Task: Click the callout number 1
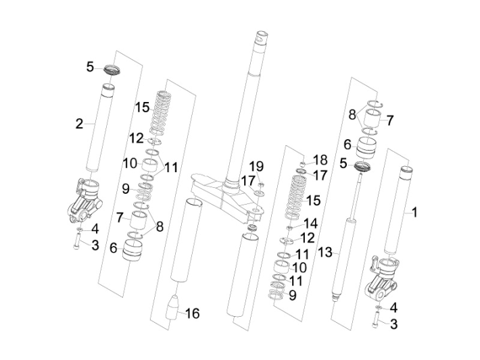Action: tap(414, 212)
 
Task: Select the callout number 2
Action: tap(79, 124)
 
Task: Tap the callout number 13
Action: tap(325, 252)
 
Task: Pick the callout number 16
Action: tap(193, 313)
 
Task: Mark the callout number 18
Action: tap(320, 159)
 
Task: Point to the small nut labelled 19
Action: tap(262, 183)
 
